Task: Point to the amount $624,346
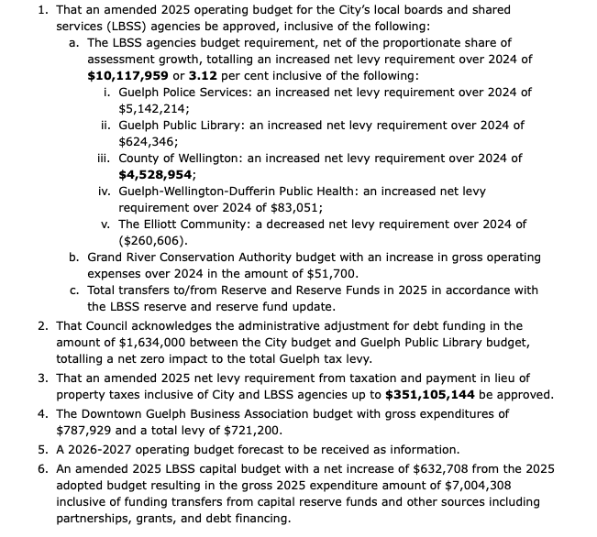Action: pyautogui.click(x=149, y=141)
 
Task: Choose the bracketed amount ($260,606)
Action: pyautogui.click(x=153, y=240)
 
